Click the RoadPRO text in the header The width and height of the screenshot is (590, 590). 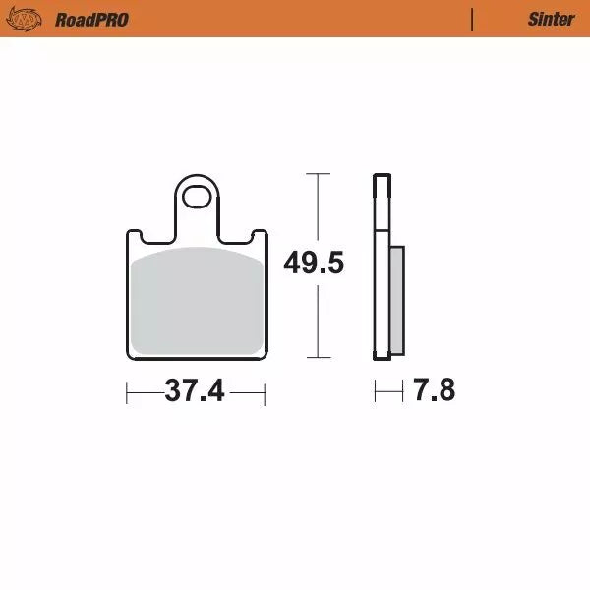tap(91, 19)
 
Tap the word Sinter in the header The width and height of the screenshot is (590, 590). tap(551, 19)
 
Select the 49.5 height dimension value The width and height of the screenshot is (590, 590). tap(314, 264)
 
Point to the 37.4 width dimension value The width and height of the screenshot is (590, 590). tap(195, 391)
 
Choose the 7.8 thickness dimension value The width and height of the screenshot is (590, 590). tap(434, 391)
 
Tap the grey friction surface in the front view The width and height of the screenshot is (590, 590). tap(197, 300)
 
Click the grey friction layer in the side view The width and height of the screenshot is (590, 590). tap(396, 300)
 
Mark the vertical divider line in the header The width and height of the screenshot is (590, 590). tap(473, 19)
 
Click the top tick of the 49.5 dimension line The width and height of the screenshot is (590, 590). tap(316, 174)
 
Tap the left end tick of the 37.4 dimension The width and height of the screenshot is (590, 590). tap(127, 392)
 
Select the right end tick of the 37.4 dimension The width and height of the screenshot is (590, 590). tap(265, 392)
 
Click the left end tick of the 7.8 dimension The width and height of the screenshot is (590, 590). tap(375, 392)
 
